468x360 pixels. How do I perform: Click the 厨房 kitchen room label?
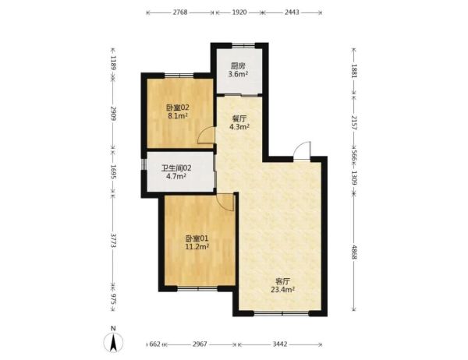click(x=238, y=65)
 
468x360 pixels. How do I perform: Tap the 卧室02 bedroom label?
click(x=178, y=108)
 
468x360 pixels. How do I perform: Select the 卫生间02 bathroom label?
click(x=176, y=168)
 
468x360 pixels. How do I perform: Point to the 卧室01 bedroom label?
click(x=197, y=238)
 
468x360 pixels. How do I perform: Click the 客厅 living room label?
click(x=282, y=281)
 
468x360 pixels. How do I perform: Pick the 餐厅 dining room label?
click(x=239, y=118)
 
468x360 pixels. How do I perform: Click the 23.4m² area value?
click(x=283, y=289)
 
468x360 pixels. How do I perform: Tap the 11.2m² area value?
click(x=197, y=247)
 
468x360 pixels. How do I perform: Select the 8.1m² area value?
click(x=178, y=116)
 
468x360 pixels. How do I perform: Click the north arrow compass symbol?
click(x=113, y=341)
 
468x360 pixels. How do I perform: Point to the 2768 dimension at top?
click(x=180, y=12)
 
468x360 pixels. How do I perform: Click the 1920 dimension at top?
click(x=239, y=12)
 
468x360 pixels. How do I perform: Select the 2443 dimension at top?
click(x=292, y=12)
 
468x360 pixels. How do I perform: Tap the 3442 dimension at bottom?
click(x=280, y=344)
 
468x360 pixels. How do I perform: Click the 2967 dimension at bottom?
click(x=200, y=344)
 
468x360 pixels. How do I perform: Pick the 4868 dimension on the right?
click(x=354, y=252)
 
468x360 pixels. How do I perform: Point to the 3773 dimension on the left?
click(x=113, y=240)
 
